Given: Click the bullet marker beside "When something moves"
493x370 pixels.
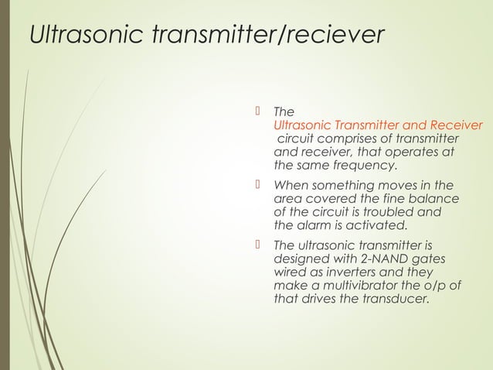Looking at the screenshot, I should click(257, 185).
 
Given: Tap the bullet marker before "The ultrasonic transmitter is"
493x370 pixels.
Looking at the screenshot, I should click(257, 246).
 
